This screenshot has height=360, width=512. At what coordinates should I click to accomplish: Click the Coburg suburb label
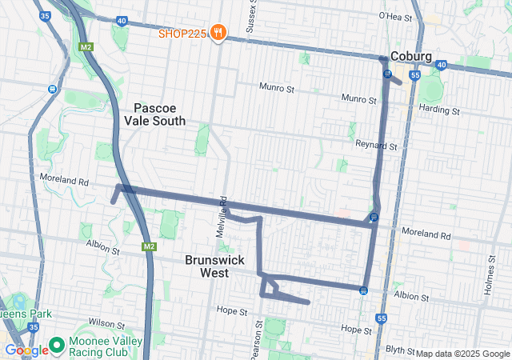[411, 57]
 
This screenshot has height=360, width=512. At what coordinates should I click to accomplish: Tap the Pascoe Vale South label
[154, 114]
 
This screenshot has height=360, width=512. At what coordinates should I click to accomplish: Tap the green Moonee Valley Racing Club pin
[56, 345]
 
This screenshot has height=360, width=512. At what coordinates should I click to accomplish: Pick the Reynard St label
[376, 146]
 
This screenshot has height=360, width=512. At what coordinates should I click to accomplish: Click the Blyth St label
[400, 350]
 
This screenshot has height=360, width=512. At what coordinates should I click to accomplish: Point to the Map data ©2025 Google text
[462, 354]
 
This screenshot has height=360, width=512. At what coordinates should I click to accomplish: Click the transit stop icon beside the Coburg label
[387, 74]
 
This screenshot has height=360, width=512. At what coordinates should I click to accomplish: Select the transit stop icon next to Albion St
[364, 290]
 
